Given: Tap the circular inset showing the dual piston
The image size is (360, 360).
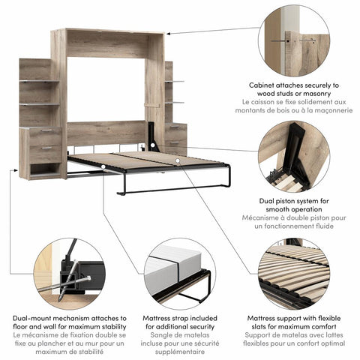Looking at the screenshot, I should pos(293,159).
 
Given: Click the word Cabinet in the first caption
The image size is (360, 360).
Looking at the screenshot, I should pos(263,85).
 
